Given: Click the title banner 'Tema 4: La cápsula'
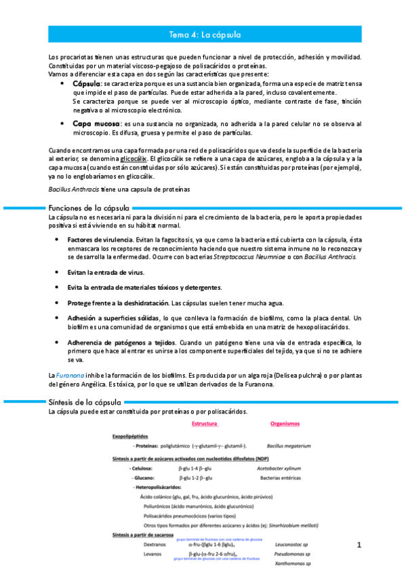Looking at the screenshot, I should point(204,33).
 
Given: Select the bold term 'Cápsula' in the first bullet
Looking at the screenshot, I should point(87,83).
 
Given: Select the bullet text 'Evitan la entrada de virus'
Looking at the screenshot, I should point(106,272).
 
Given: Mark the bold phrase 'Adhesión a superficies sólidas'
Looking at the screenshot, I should point(113,318).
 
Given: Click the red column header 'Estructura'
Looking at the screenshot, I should point(205,424).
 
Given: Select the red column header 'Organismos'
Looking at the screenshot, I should point(285,424).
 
